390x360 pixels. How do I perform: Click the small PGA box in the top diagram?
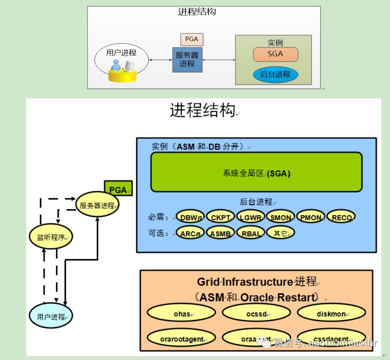192,40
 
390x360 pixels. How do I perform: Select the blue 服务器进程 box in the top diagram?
187,60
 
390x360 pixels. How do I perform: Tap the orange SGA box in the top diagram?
275,54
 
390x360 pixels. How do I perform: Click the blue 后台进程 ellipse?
275,75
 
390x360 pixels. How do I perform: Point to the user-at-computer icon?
122,71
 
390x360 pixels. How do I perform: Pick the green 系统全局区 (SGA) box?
256,172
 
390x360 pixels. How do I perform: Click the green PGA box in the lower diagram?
118,190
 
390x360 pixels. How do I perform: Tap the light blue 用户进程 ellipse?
51,316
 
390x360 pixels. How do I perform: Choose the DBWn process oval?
190,217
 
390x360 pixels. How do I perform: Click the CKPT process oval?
220,217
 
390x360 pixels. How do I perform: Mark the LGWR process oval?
250,217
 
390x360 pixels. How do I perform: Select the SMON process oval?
280,217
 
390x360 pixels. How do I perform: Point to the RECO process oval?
341,217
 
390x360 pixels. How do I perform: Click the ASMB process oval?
220,233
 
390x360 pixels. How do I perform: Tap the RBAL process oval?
250,233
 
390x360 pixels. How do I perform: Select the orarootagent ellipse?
181,339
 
